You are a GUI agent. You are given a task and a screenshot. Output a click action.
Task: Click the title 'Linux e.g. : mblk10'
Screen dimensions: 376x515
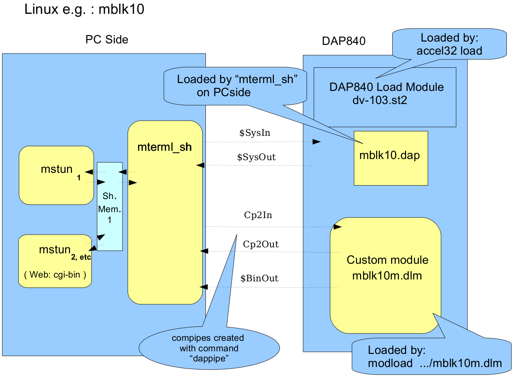coord(84,9)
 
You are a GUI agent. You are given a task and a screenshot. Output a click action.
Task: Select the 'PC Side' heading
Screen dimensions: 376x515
coord(107,40)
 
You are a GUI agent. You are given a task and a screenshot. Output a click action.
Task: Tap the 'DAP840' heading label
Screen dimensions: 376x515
coord(344,41)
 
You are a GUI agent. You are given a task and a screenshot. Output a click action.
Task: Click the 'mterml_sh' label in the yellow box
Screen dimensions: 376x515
coord(164,147)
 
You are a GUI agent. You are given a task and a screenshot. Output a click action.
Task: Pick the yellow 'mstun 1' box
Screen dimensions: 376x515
coord(56,175)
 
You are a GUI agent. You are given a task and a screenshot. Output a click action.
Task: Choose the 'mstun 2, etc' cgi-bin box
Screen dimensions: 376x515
coord(55,261)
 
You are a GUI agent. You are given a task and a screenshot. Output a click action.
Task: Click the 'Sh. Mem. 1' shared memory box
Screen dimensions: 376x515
coord(110,207)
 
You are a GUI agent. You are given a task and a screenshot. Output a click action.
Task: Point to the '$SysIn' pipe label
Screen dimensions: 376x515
coord(255,133)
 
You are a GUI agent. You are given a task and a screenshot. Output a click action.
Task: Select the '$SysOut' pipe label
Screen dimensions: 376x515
coord(256,157)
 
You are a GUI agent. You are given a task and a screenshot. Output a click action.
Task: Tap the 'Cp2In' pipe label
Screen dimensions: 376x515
coord(258,215)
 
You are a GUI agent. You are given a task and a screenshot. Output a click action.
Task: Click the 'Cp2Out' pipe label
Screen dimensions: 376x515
coord(260,244)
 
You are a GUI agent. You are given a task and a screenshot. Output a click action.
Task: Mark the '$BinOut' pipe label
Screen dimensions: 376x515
coord(259,278)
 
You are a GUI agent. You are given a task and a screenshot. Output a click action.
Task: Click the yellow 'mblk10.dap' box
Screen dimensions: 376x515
coord(390,158)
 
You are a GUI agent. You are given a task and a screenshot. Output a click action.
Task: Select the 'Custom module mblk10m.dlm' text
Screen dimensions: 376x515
coord(387,268)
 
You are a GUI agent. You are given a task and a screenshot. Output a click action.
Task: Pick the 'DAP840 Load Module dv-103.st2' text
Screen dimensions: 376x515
coord(386,94)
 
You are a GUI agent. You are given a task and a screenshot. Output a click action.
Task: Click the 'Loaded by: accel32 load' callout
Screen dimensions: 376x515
coord(449,44)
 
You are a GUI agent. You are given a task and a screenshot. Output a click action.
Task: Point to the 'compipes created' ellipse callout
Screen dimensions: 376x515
coord(209,348)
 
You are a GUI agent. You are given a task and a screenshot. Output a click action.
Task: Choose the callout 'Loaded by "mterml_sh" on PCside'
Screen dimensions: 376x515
coord(236,86)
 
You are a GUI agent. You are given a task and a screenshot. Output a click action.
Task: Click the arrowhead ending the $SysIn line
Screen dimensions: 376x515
coord(317,142)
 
